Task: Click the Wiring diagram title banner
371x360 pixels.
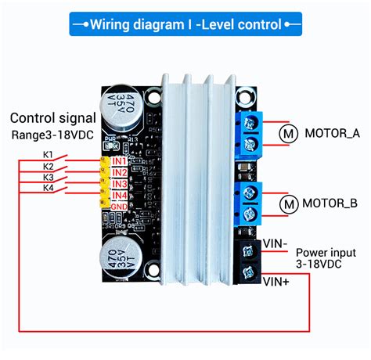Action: [x=185, y=24]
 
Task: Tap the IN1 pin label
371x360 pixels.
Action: [x=119, y=161]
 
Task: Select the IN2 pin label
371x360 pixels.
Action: [x=119, y=172]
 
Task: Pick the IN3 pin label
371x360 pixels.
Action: [x=119, y=184]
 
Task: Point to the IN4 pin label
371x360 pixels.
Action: [x=119, y=195]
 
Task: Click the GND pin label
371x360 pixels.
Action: [x=120, y=205]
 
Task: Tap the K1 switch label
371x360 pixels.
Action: [x=49, y=155]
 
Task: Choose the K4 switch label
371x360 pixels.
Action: [x=49, y=188]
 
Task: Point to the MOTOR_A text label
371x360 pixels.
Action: [x=332, y=133]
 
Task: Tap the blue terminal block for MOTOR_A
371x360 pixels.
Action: [x=253, y=131]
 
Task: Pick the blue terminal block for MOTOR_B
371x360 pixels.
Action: [x=253, y=203]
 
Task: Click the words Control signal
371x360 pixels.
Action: [x=53, y=119]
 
